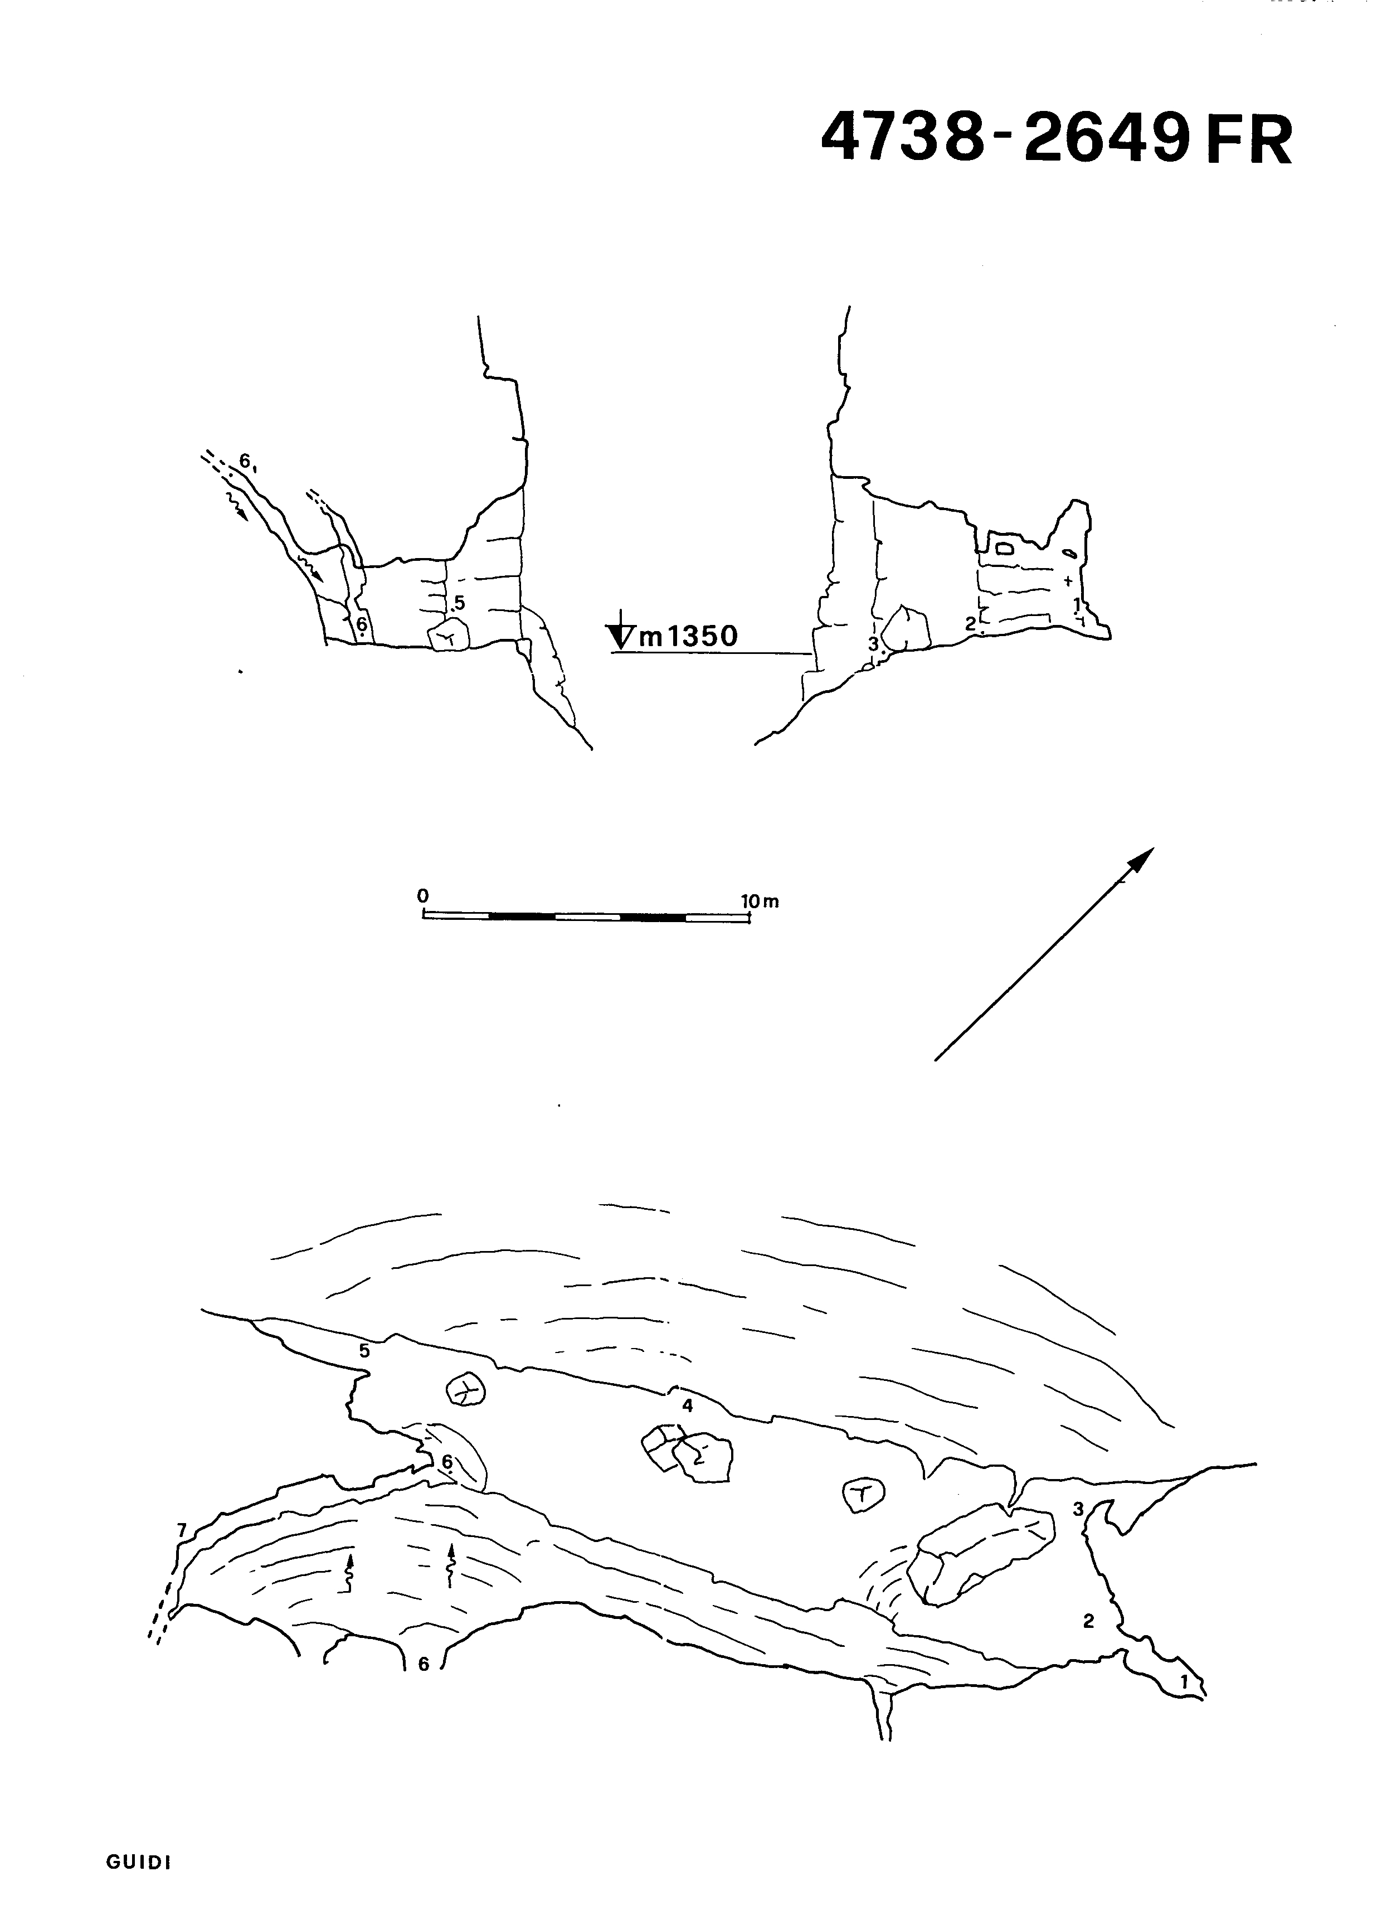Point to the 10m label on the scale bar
point(760,901)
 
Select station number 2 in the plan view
point(1088,1621)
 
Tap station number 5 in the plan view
point(364,1350)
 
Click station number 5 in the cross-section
point(459,602)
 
